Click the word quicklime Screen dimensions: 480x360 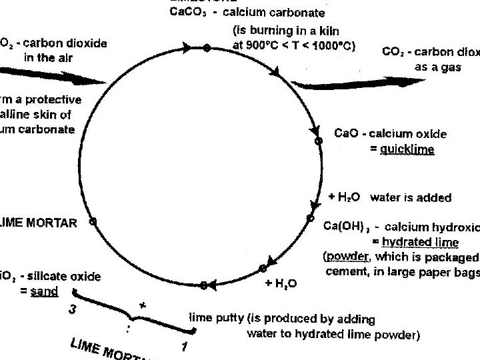[407, 149]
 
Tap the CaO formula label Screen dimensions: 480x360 [347, 134]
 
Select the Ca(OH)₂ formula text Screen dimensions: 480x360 [346, 227]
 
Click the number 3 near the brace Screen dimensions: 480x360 [72, 309]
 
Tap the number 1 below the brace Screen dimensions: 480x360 [184, 346]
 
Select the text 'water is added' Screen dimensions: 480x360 [410, 197]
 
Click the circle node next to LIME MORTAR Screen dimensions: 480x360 [93, 221]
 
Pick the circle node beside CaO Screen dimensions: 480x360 [319, 141]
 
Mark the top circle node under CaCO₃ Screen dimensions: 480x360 [207, 47]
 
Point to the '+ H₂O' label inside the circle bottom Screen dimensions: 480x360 [281, 283]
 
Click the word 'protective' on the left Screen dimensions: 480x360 [52, 100]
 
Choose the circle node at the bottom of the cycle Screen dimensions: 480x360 [203, 285]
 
